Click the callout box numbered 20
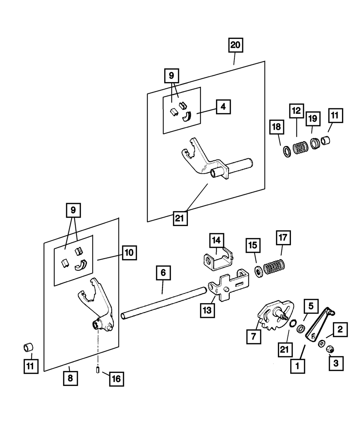(x=235, y=46)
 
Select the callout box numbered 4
(x=223, y=107)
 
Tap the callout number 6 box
(x=163, y=273)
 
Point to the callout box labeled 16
(x=117, y=379)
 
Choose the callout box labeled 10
(x=129, y=253)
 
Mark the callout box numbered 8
(x=70, y=378)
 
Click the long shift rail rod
(x=164, y=302)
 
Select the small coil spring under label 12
(x=300, y=148)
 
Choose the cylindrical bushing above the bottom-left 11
(x=28, y=348)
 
